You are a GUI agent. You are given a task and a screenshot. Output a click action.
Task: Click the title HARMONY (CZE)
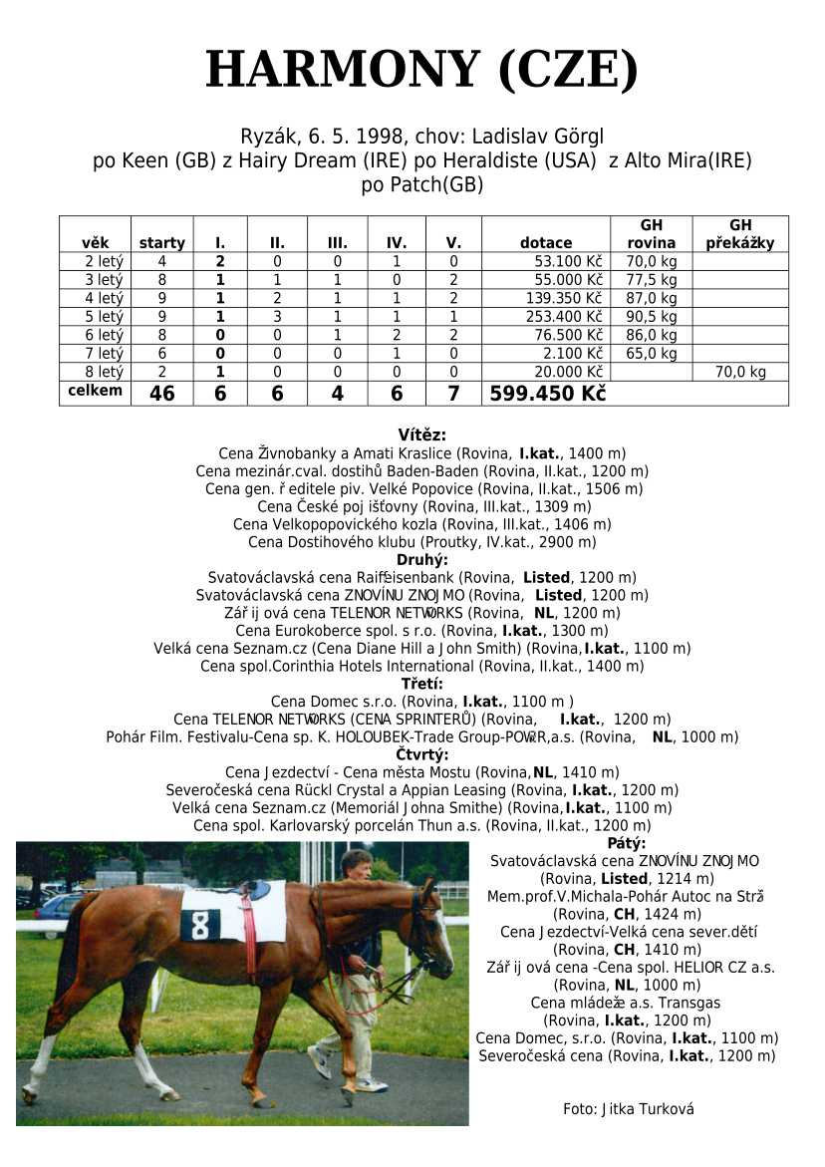tap(421, 70)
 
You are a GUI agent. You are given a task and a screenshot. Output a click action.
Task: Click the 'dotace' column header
tap(546, 242)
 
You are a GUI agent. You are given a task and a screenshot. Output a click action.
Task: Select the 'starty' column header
tap(161, 242)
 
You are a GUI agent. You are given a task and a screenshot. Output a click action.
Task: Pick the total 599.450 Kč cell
tap(547, 394)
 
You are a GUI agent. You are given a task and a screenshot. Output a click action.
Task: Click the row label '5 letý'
tap(104, 316)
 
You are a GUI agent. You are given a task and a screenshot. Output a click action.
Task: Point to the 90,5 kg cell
tap(652, 316)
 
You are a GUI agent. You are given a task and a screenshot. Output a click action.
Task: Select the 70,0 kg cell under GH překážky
tap(740, 372)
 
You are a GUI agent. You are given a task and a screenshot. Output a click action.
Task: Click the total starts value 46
tap(161, 394)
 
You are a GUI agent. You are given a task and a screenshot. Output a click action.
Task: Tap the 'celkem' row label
tap(95, 391)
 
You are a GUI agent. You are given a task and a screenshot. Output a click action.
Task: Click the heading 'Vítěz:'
tap(421, 435)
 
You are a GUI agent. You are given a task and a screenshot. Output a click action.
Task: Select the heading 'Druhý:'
tap(421, 559)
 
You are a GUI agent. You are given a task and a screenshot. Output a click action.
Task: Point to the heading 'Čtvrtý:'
tap(421, 753)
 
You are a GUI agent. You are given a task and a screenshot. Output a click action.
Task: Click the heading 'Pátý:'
tap(626, 843)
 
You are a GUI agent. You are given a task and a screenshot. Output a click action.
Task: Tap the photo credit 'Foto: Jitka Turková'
tap(628, 1108)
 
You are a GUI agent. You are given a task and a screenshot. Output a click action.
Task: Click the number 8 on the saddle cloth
tap(200, 925)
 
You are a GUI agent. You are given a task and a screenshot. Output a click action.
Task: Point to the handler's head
tap(356, 864)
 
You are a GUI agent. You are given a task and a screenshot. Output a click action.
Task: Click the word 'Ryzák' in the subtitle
tap(266, 136)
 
